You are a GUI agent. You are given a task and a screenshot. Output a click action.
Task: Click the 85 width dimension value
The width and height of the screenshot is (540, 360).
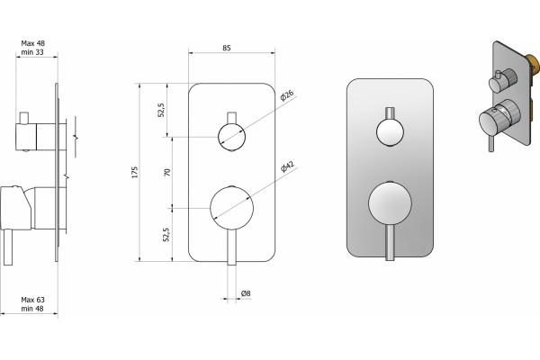tap(226, 48)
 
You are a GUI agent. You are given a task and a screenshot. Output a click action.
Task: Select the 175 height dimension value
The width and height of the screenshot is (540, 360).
tap(135, 172)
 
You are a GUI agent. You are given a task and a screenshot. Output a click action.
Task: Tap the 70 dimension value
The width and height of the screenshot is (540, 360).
tap(167, 172)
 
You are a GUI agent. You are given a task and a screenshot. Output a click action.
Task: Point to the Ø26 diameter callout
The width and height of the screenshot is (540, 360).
tap(287, 95)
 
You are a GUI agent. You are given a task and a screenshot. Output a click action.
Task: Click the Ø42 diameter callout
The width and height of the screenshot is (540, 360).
tap(288, 166)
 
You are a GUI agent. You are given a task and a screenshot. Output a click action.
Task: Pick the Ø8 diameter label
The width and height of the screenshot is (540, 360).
tap(246, 293)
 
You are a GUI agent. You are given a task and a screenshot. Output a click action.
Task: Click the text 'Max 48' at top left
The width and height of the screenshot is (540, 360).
tap(32, 43)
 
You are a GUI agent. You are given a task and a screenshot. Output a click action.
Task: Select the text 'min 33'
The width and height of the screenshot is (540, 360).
tap(32, 52)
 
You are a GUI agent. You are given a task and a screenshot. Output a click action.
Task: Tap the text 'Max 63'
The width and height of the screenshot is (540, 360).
tap(32, 300)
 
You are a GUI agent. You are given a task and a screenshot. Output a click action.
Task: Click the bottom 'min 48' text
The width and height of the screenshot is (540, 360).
tap(32, 309)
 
